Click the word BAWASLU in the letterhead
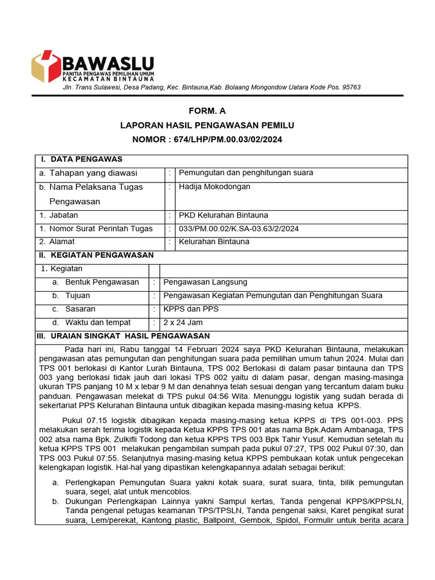point(108,62)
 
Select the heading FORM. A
point(207,111)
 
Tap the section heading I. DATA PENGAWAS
point(82,159)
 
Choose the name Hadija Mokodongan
point(214,187)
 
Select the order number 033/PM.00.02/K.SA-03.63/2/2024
point(238,229)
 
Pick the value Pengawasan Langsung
point(205,282)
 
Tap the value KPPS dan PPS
point(190,309)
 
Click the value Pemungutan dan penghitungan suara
point(246,173)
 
